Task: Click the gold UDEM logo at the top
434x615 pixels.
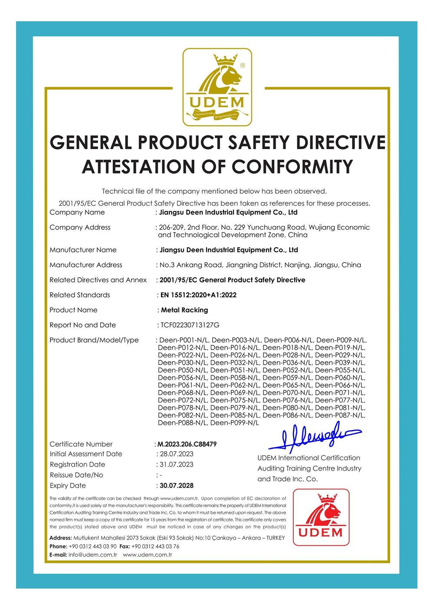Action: point(217,87)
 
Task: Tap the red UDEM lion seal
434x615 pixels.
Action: point(321,517)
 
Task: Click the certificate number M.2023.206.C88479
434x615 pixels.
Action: point(187,444)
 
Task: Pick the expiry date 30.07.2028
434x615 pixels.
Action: point(177,486)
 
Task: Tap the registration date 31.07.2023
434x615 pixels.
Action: point(177,465)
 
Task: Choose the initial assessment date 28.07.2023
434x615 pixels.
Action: point(177,454)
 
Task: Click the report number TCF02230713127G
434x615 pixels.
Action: point(190,325)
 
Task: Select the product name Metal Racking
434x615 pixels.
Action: point(184,310)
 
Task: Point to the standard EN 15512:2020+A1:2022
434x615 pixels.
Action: point(198,295)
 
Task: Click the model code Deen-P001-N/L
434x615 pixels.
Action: point(184,340)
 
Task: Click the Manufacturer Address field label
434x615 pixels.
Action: point(86,265)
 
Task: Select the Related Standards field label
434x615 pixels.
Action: point(80,295)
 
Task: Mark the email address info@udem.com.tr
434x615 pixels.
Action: point(93,555)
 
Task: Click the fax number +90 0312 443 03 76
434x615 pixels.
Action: point(155,546)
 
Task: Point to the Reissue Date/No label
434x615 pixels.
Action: point(76,475)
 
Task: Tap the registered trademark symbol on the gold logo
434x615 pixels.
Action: point(243,65)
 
